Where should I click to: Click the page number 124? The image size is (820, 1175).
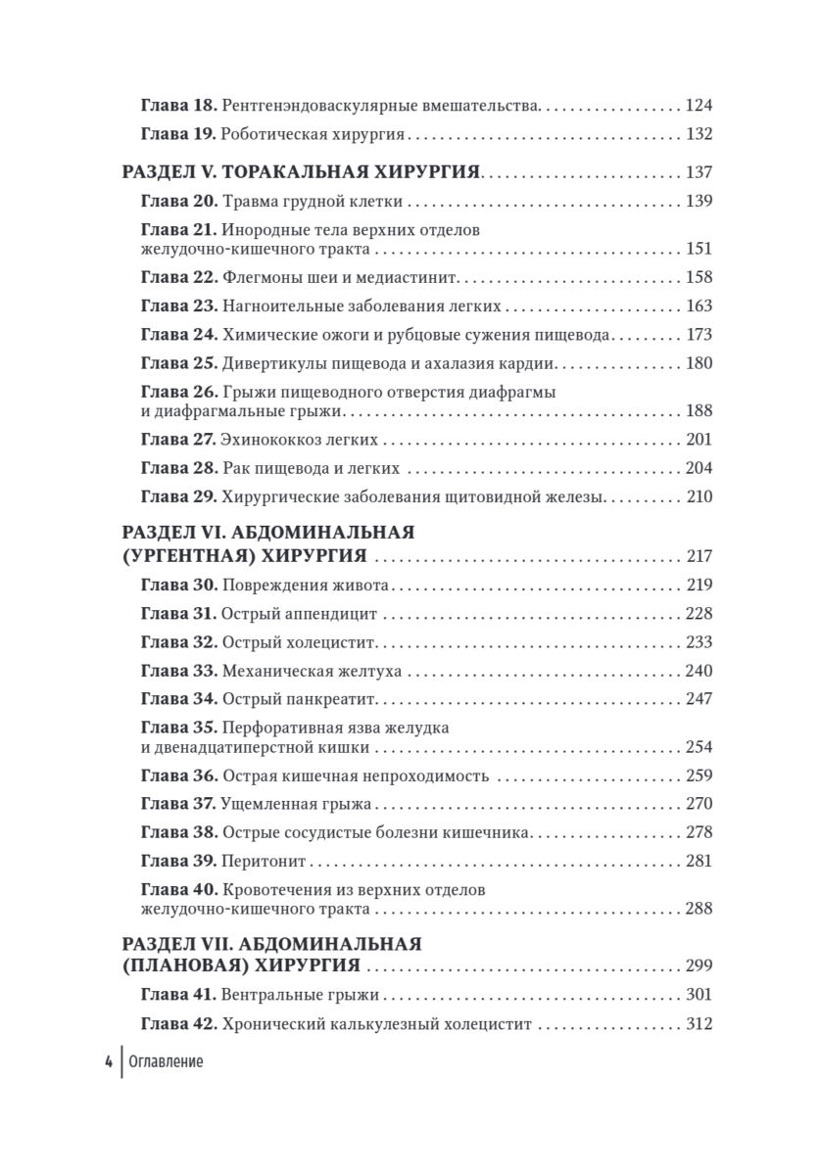click(698, 105)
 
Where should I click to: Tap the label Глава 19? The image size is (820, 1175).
click(177, 134)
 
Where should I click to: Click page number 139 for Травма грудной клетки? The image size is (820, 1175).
click(698, 202)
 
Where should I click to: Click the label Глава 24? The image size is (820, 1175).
click(177, 335)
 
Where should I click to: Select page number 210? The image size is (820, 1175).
click(698, 496)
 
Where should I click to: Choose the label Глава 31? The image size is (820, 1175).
click(177, 614)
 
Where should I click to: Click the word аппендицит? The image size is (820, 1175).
click(332, 614)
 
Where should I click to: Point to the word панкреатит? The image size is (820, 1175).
click(330, 699)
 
